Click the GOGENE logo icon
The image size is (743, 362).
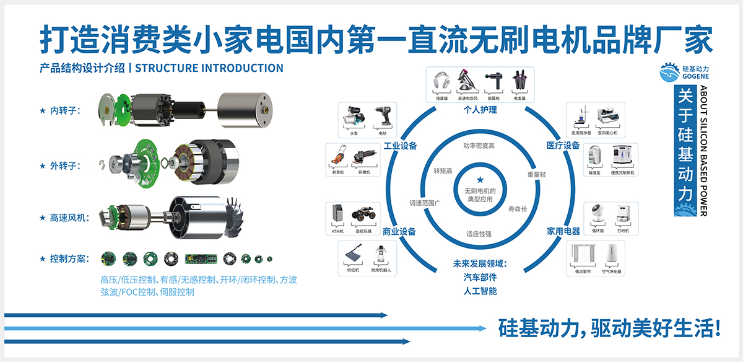click(671, 73)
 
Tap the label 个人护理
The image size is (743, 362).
click(480, 109)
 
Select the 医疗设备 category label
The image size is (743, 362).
click(563, 145)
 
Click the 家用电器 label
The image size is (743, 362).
click(563, 231)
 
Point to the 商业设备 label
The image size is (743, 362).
click(399, 232)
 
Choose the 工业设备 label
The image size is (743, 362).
click(400, 146)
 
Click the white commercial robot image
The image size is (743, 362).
click(380, 255)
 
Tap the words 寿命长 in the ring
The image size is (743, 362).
click(517, 209)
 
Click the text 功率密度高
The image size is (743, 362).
click(480, 146)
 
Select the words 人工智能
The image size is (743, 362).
click(480, 291)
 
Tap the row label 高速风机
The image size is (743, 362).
click(69, 218)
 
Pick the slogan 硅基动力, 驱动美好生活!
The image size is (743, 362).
click(610, 328)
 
